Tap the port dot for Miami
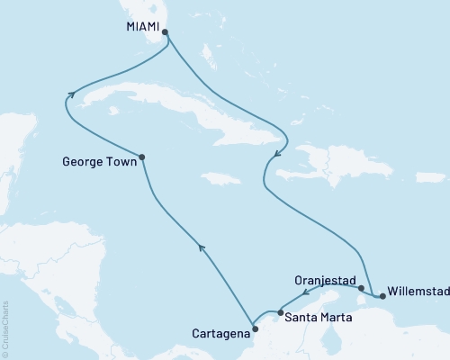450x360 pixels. pyautogui.click(x=165, y=31)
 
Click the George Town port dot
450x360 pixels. pyautogui.click(x=142, y=157)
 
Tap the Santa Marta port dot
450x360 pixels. pyautogui.click(x=281, y=312)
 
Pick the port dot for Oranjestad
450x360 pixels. pyautogui.click(x=360, y=289)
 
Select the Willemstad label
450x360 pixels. pyautogui.click(x=416, y=292)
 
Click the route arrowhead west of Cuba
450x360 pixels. pyautogui.click(x=69, y=92)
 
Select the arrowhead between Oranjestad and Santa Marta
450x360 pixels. pyautogui.click(x=305, y=293)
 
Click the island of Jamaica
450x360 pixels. pyautogui.click(x=220, y=177)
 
